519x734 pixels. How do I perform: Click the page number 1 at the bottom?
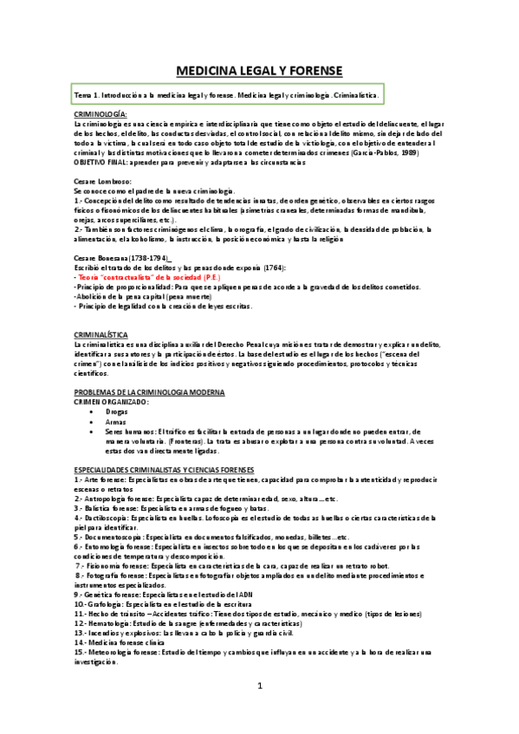tap(259, 686)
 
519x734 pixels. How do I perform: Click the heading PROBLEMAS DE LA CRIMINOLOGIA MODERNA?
tap(150, 392)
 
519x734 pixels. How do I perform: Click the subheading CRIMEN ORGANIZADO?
tap(111, 402)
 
